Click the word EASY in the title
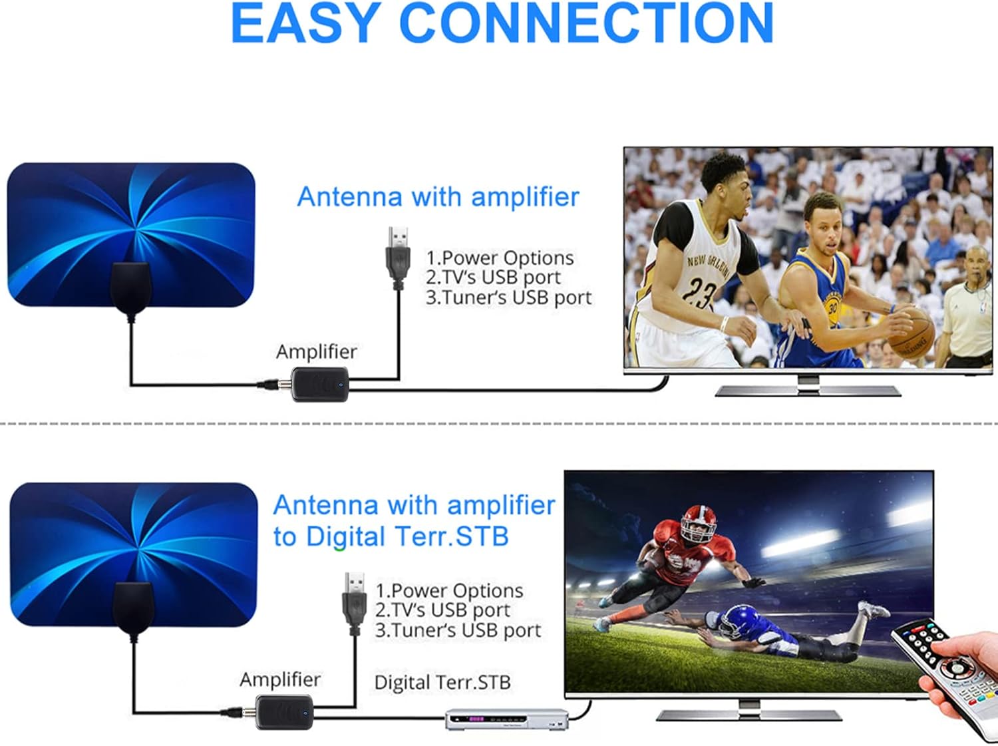point(305,23)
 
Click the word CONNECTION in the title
point(586,23)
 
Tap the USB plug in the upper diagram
point(399,258)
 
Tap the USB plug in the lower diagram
point(355,604)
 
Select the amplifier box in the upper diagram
point(319,385)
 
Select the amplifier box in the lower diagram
point(284,712)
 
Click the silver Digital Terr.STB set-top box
point(507,719)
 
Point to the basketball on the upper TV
point(911,333)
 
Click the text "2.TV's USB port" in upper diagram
point(493,278)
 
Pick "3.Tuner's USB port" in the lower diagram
point(458,630)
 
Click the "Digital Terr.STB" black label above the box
point(442,682)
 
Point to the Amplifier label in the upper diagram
point(317,352)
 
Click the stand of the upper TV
point(808,387)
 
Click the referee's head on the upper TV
point(976,262)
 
